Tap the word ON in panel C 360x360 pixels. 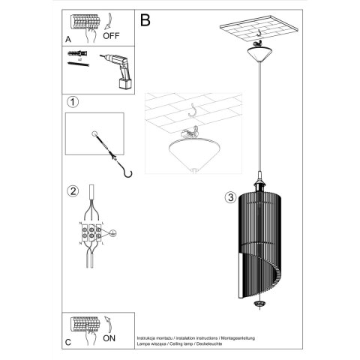point(109,337)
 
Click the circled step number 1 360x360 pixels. point(73,102)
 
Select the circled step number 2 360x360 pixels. point(73,190)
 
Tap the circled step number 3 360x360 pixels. point(230,198)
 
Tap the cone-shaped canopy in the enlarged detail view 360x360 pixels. point(193,153)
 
